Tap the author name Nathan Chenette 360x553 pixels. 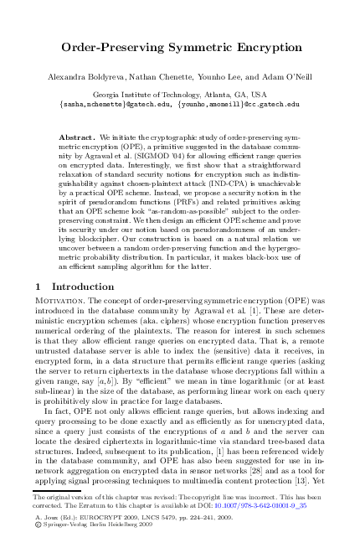[153, 78]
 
